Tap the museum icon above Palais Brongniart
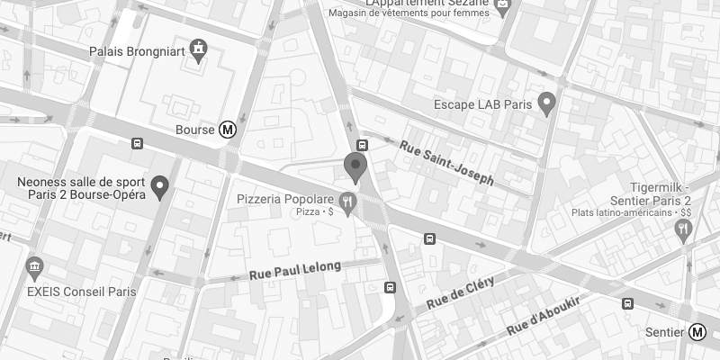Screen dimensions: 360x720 point(197,50)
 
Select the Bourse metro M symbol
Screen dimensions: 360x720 point(229,130)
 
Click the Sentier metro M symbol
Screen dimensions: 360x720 point(697,332)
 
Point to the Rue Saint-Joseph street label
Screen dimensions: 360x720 point(446,162)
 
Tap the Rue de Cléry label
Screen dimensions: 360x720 point(462,289)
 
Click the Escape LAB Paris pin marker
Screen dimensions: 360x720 point(545,103)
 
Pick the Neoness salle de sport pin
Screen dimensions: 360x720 point(160,186)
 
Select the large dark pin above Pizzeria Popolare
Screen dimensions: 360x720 point(356,166)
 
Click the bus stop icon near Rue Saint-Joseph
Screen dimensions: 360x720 point(362,145)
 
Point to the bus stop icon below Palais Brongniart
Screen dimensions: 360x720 point(137,142)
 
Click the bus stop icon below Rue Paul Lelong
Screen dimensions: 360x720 point(389,288)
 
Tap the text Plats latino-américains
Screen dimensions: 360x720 point(614,214)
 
